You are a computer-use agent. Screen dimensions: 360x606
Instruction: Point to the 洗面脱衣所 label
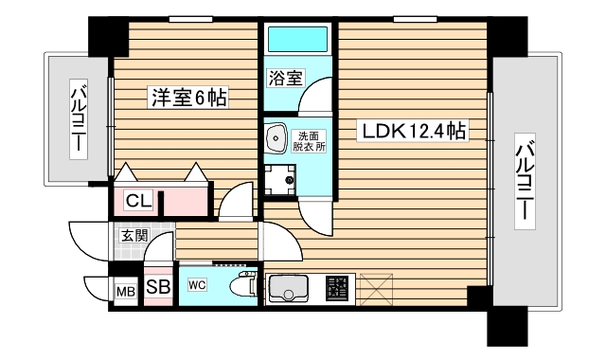[x=308, y=141]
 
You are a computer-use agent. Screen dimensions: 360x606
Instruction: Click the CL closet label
[x=137, y=200]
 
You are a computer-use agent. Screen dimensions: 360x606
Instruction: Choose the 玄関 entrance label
[x=134, y=235]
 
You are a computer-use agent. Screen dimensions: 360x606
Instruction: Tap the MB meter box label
[x=125, y=291]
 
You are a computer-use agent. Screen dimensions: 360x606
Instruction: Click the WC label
[x=197, y=284]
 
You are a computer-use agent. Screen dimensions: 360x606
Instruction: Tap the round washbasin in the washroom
[x=276, y=138]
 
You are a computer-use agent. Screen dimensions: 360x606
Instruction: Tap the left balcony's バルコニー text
[x=78, y=121]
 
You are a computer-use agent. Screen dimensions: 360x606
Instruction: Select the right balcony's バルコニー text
[x=524, y=180]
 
